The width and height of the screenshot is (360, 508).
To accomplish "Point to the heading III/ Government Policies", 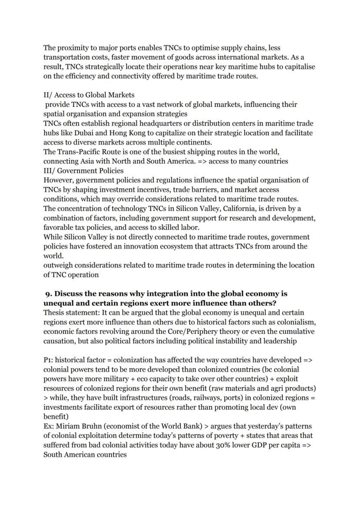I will pos(83,171).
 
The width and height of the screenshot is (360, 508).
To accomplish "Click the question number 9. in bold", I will pos(49,294).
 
